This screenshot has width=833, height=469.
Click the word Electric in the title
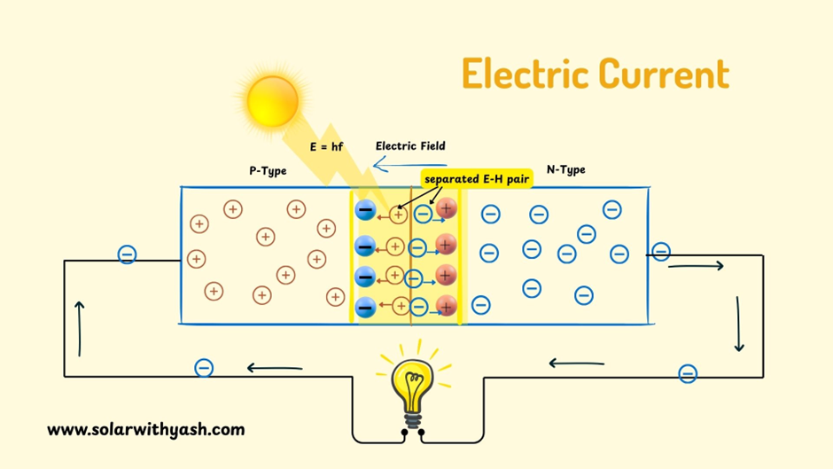pos(525,74)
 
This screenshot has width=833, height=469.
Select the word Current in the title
pos(663,74)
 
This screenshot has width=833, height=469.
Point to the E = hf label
pos(326,146)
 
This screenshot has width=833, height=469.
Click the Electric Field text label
pos(410,145)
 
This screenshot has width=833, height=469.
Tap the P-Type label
pos(268,170)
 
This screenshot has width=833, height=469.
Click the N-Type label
pos(565,169)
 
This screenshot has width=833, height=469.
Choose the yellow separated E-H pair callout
pos(476,179)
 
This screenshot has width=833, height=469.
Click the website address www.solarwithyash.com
pos(145,430)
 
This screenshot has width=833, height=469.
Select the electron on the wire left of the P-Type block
pos(128,255)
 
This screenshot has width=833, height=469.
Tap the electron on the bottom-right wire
pos(688,374)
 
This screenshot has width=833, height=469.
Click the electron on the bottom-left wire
pos(204,368)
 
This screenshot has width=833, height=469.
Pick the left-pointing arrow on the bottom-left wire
pos(275,368)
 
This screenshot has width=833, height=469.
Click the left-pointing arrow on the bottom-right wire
pos(576,363)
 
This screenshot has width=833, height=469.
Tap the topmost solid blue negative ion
pos(365,211)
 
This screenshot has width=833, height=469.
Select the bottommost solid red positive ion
pos(447,306)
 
